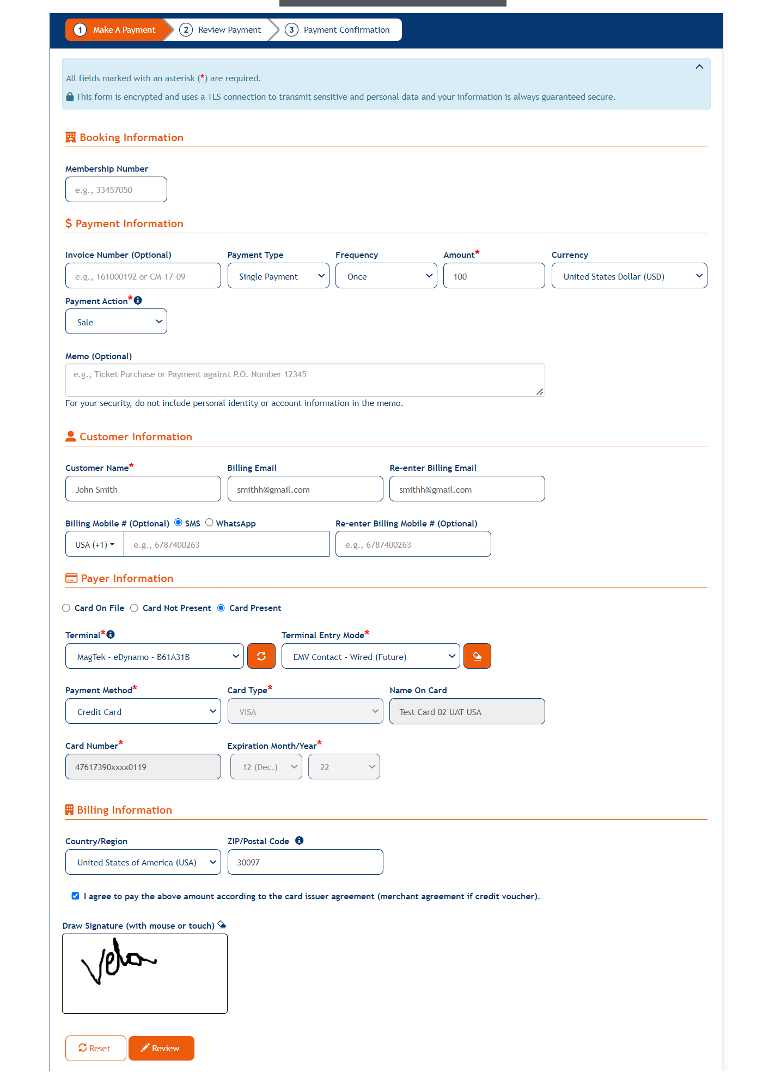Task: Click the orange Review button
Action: coord(161,1048)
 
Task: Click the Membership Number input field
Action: coord(116,190)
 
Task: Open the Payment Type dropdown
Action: coord(278,276)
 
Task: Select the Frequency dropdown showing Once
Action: coord(386,276)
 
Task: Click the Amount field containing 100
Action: coord(493,276)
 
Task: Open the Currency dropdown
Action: coord(629,276)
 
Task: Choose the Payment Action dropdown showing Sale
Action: coord(116,322)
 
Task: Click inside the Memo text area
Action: coord(304,380)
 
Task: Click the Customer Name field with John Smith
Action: coord(143,489)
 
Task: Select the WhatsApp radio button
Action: coord(209,523)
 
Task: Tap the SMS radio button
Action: coord(178,523)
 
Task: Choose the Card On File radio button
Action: coord(66,608)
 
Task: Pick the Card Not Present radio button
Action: coord(135,608)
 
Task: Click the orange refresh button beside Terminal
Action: coord(261,656)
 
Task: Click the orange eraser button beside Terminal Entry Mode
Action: coord(477,656)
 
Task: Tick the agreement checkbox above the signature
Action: coord(75,896)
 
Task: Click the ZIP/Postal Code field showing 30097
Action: coord(305,862)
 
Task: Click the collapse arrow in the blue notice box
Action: coord(699,67)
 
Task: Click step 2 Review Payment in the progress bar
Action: coord(223,30)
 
